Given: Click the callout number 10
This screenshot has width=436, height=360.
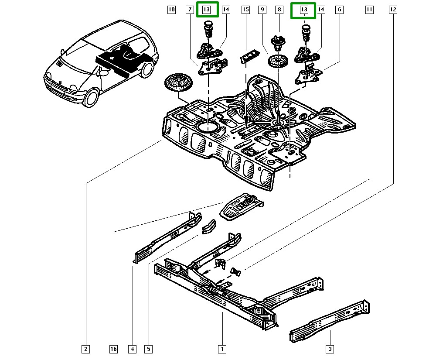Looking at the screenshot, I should (x=171, y=9).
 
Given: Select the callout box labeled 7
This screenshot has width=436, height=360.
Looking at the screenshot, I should (x=189, y=9).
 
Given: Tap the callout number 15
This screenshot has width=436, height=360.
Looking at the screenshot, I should (x=245, y=9).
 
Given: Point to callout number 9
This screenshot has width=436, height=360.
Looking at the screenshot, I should (x=262, y=9).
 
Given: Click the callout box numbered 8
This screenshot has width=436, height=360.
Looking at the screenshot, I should (x=279, y=9).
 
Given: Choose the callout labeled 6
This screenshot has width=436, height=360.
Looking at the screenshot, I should (x=339, y=9).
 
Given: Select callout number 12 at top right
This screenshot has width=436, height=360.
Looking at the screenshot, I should (x=393, y=9).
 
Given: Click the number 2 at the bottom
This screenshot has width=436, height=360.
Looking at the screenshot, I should (x=86, y=349).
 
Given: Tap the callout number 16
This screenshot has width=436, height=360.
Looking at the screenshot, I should (x=113, y=349).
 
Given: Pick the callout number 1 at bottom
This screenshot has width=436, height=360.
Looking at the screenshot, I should (x=222, y=349).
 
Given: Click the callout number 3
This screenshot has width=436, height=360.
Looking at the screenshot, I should (x=330, y=349).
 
